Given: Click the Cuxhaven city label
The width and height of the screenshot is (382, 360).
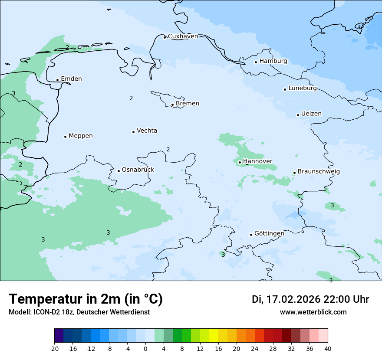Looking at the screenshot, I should [183, 36].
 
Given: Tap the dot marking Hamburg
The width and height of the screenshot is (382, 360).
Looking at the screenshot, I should [256, 62].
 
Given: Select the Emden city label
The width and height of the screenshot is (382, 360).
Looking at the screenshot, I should [71, 79].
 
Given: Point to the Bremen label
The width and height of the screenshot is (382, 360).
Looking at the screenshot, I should [188, 104].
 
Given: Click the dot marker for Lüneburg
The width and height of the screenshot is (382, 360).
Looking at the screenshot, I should [285, 89].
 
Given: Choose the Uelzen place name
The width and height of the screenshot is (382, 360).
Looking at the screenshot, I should [311, 114].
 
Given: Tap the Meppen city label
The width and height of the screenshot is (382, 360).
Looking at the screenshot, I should [81, 136].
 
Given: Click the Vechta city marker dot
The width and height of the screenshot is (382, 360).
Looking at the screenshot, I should [133, 132].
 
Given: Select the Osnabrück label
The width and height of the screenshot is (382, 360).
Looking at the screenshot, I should [138, 170].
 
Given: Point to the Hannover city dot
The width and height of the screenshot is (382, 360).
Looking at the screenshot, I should [240, 162].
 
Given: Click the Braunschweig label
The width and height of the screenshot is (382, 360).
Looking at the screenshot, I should [319, 172].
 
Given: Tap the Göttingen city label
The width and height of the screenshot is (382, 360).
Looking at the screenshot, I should [269, 233].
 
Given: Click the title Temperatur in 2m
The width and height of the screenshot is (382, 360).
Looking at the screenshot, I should [86, 299].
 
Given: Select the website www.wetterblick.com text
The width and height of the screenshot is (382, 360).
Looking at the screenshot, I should [313, 312].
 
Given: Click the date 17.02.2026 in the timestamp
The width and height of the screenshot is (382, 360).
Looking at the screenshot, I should [293, 299].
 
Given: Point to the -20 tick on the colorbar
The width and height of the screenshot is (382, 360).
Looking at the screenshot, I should [54, 348].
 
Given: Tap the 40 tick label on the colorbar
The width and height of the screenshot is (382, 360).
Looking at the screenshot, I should [328, 348].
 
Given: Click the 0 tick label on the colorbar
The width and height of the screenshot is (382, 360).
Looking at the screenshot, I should [145, 348].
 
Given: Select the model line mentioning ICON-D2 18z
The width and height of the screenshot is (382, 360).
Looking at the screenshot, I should [79, 312].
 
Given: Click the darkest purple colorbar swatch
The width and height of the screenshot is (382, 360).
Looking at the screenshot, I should [59, 336].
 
